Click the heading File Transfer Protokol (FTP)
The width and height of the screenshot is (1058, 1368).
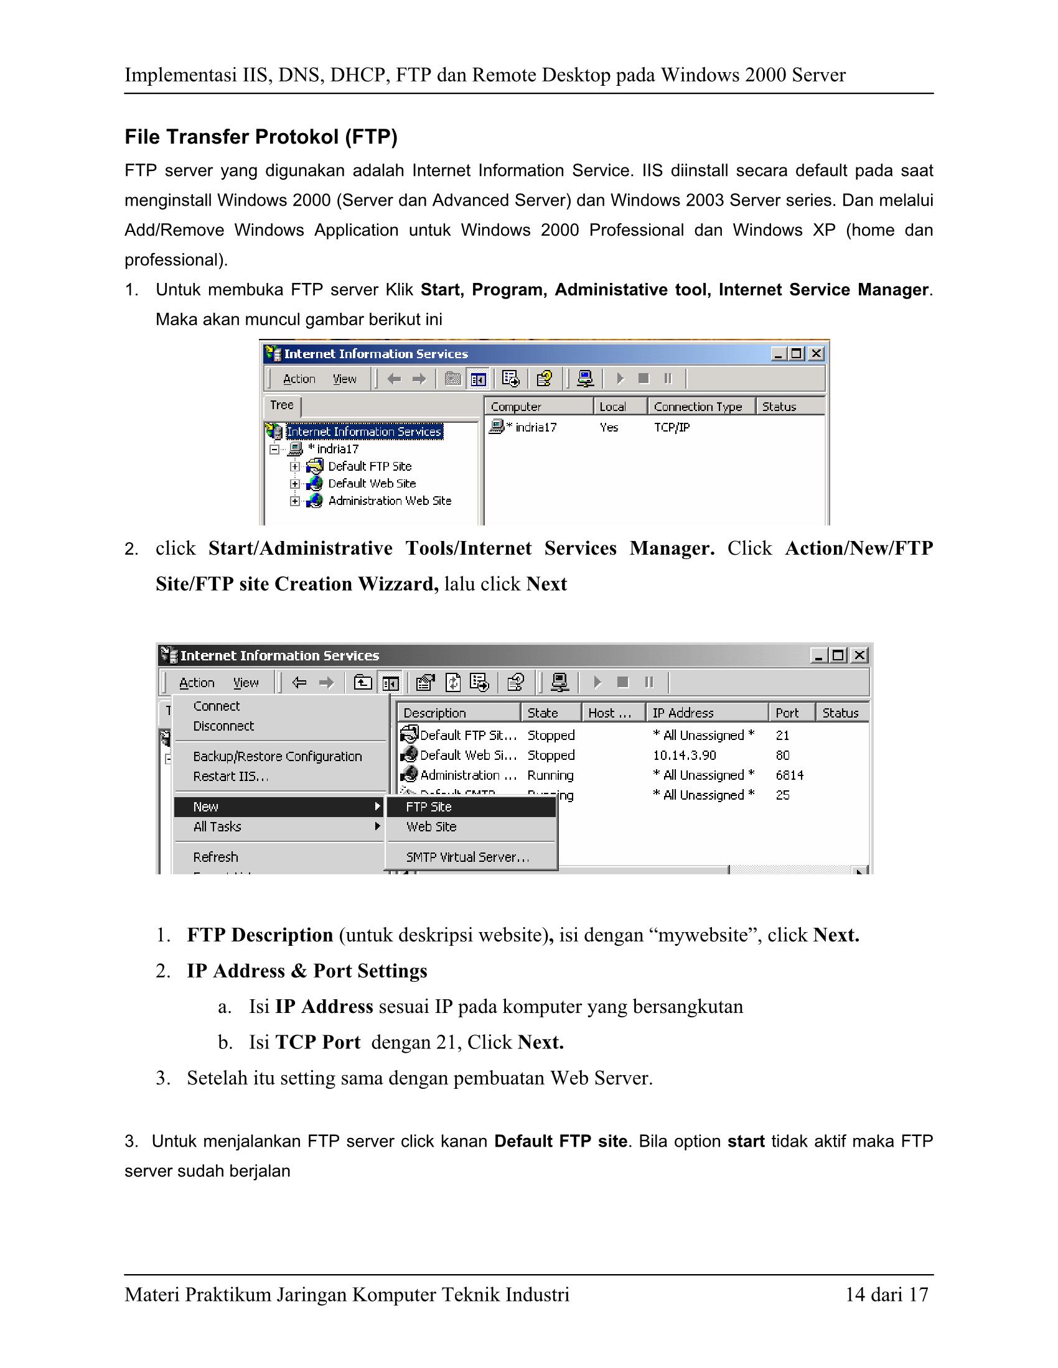[x=261, y=137]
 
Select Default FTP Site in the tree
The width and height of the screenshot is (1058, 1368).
[x=369, y=466]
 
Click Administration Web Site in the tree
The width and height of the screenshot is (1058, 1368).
[x=389, y=501]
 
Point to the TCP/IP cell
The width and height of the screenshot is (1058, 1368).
[x=672, y=427]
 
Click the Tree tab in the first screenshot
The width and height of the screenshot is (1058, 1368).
[x=281, y=405]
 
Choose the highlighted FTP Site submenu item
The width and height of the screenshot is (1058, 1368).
[x=429, y=806]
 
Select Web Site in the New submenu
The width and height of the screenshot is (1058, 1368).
[x=431, y=827]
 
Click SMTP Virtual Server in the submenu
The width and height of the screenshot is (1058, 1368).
[x=467, y=857]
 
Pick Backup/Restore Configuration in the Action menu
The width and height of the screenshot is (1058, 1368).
[x=277, y=756]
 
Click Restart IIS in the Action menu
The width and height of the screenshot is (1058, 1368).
[x=231, y=776]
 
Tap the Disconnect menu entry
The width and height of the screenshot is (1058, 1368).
[x=223, y=726]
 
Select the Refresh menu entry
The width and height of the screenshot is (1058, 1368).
[x=215, y=857]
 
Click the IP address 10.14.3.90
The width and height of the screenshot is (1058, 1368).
[x=685, y=756]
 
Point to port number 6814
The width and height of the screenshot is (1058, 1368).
[x=789, y=775]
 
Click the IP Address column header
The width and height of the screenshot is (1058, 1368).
[x=683, y=713]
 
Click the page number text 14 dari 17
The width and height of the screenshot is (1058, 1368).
[x=886, y=1294]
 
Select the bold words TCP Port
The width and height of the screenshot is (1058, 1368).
[x=318, y=1042]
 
